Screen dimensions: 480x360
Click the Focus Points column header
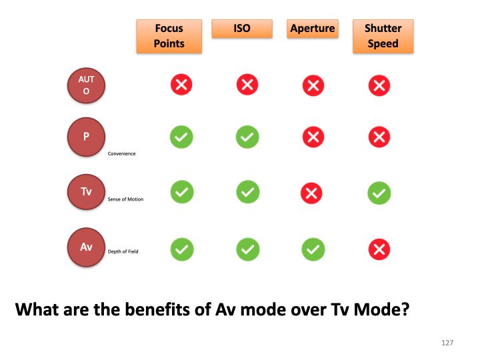pyautogui.click(x=169, y=37)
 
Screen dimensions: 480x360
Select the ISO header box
pyautogui.click(x=242, y=29)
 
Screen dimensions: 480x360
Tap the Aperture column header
pyautogui.click(x=313, y=29)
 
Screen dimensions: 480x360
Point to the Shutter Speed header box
pyautogui.click(x=383, y=37)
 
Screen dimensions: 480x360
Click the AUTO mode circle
pyautogui.click(x=86, y=85)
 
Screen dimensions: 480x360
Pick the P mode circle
pyautogui.click(x=86, y=137)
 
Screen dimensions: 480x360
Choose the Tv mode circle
pyautogui.click(x=86, y=192)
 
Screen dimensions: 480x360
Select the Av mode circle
pyautogui.click(x=86, y=247)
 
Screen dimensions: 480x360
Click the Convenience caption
pyautogui.click(x=121, y=154)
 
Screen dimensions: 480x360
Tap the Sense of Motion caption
pyautogui.click(x=125, y=199)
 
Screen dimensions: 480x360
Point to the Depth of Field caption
pyautogui.click(x=123, y=251)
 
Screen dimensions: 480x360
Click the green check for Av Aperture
pyautogui.click(x=313, y=249)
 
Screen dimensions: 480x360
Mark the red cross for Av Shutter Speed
pyautogui.click(x=379, y=249)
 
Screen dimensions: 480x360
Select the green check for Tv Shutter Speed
pyautogui.click(x=379, y=193)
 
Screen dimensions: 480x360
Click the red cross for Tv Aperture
pyautogui.click(x=311, y=193)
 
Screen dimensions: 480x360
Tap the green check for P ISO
pyautogui.click(x=247, y=137)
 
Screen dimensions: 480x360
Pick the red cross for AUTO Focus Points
pyautogui.click(x=181, y=84)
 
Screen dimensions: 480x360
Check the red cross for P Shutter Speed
pyautogui.click(x=379, y=137)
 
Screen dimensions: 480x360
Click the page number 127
pyautogui.click(x=447, y=343)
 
